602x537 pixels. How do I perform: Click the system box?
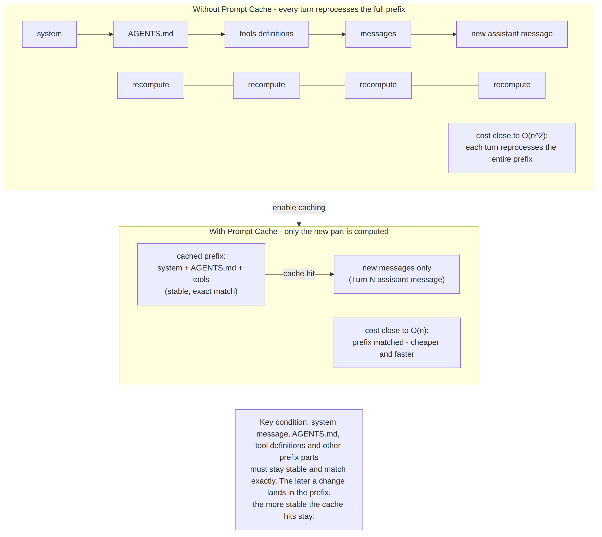click(49, 34)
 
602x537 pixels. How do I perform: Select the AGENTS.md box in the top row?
click(151, 34)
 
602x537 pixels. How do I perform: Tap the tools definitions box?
click(266, 34)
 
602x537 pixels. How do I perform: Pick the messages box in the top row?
click(378, 34)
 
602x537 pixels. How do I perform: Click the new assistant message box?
click(512, 34)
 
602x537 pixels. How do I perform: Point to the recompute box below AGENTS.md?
click(151, 85)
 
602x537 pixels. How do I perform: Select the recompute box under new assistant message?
click(512, 85)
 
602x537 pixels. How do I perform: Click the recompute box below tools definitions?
click(266, 85)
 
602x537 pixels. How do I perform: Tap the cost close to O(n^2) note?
click(512, 148)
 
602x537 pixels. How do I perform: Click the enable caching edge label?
click(299, 208)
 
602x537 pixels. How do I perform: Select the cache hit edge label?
click(299, 274)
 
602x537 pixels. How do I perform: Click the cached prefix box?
click(201, 274)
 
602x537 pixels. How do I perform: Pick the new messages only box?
click(397, 274)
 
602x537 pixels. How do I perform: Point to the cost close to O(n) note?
click(397, 343)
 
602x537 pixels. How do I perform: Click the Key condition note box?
click(299, 470)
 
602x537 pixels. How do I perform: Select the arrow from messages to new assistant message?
click(434, 34)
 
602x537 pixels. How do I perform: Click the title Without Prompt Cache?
click(299, 9)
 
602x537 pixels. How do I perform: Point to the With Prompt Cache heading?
click(299, 232)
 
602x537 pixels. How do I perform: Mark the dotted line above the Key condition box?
click(299, 397)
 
